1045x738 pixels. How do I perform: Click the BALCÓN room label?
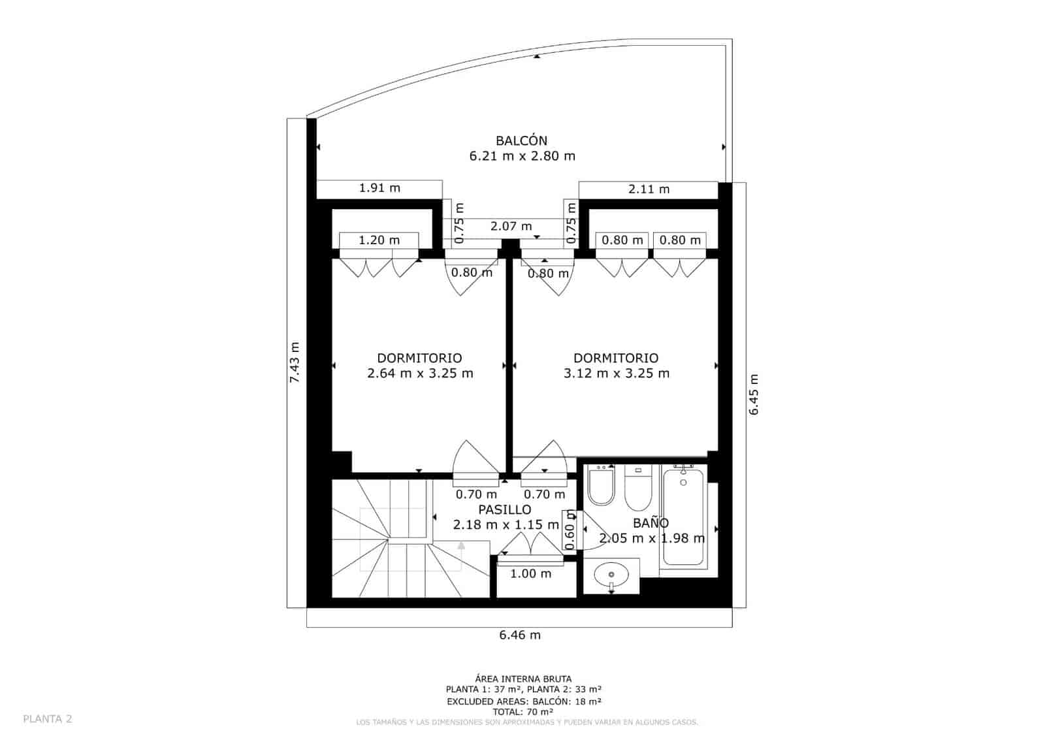pos(521,140)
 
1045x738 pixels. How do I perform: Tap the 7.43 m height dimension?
pos(295,362)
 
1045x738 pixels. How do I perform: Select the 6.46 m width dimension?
pos(520,635)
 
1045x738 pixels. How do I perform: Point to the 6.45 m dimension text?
pos(754,394)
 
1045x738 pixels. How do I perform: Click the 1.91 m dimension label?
pos(379,188)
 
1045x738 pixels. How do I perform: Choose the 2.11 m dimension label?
pos(649,189)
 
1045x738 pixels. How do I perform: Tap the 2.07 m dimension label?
pos(511,227)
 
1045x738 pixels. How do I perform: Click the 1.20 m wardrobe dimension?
pos(379,240)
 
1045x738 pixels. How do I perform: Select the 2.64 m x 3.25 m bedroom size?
pos(420,374)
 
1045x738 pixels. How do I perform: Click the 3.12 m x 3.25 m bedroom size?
pos(616,374)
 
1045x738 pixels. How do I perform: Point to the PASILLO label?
pos(504,509)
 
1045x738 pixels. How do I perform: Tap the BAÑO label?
pos(651,523)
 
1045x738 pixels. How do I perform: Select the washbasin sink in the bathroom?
pos(611,575)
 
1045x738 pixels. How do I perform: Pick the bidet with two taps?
pos(601,487)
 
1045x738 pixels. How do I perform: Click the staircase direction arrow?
pos(461,546)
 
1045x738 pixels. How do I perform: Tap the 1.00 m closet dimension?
pos(530,574)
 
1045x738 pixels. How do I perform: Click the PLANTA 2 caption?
pos(48,719)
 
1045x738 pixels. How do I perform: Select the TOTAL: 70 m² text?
pos(523,712)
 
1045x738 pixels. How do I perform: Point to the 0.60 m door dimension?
pos(570,530)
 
